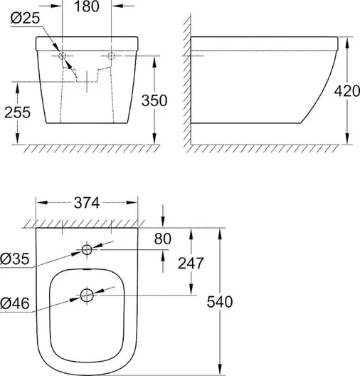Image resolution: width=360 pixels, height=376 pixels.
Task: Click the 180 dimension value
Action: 87,6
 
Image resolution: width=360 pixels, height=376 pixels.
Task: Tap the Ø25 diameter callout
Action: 25,18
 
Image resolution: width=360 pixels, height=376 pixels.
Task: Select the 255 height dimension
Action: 18,113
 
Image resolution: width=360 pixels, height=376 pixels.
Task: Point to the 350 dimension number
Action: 154,100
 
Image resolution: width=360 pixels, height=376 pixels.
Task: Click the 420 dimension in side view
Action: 346,91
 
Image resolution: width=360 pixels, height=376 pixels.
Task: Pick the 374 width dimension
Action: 87,203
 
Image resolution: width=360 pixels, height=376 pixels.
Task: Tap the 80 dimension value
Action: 163,239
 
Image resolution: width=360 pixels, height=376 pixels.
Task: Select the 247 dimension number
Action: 191,263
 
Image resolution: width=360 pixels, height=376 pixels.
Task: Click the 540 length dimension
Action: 220,302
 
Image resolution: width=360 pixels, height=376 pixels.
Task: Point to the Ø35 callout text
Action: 15,258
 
